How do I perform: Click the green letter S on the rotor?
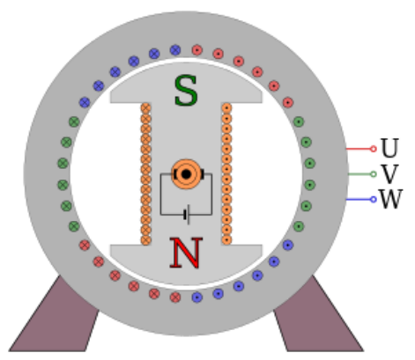(186, 91)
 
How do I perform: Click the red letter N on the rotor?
(186, 253)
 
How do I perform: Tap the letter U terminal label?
(389, 148)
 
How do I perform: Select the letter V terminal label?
(389, 174)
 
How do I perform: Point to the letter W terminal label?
(390, 199)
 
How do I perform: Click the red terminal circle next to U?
(373, 149)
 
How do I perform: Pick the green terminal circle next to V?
(373, 174)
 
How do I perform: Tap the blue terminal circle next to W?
(373, 200)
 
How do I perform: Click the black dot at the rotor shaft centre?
(186, 174)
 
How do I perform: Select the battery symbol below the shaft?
(187, 215)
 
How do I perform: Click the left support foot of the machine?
(55, 315)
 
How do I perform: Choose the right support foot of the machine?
(318, 315)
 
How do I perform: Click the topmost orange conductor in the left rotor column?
(146, 108)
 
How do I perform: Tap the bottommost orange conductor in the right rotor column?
(226, 239)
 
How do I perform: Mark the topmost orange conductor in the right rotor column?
(226, 108)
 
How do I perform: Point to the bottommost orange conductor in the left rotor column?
(146, 239)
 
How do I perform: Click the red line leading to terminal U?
(359, 149)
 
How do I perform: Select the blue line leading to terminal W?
(359, 200)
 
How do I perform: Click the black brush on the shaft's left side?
(175, 174)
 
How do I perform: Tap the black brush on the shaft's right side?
(202, 174)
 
